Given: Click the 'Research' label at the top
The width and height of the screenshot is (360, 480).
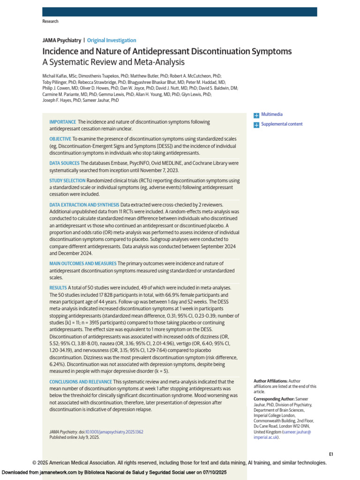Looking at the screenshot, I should tap(50, 21).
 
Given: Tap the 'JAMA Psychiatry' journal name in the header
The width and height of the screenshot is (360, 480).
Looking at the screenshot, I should tap(61, 40).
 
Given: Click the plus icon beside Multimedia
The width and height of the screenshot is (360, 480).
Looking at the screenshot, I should tap(256, 115).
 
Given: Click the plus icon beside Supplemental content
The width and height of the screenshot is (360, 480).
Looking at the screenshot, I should tap(256, 125).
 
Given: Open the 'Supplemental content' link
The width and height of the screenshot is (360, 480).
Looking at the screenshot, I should tap(282, 124).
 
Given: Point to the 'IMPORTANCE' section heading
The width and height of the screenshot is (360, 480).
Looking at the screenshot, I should tap(63, 122).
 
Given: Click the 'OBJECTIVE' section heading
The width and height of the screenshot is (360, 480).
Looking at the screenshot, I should tap(60, 139).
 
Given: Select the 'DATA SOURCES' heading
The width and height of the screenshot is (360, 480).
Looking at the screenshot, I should tap(64, 163).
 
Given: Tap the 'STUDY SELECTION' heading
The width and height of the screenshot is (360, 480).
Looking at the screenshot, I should tap(67, 180).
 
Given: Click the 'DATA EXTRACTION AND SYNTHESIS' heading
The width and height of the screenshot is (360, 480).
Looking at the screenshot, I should tap(84, 205).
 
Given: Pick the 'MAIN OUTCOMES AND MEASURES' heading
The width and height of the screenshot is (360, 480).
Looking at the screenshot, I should tap(83, 263).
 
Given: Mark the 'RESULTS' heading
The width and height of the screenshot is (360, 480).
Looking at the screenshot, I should tap(58, 287).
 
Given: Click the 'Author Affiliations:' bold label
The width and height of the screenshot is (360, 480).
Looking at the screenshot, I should tap(270, 381).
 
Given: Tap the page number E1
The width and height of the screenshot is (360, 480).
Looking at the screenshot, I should tap(330, 454).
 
